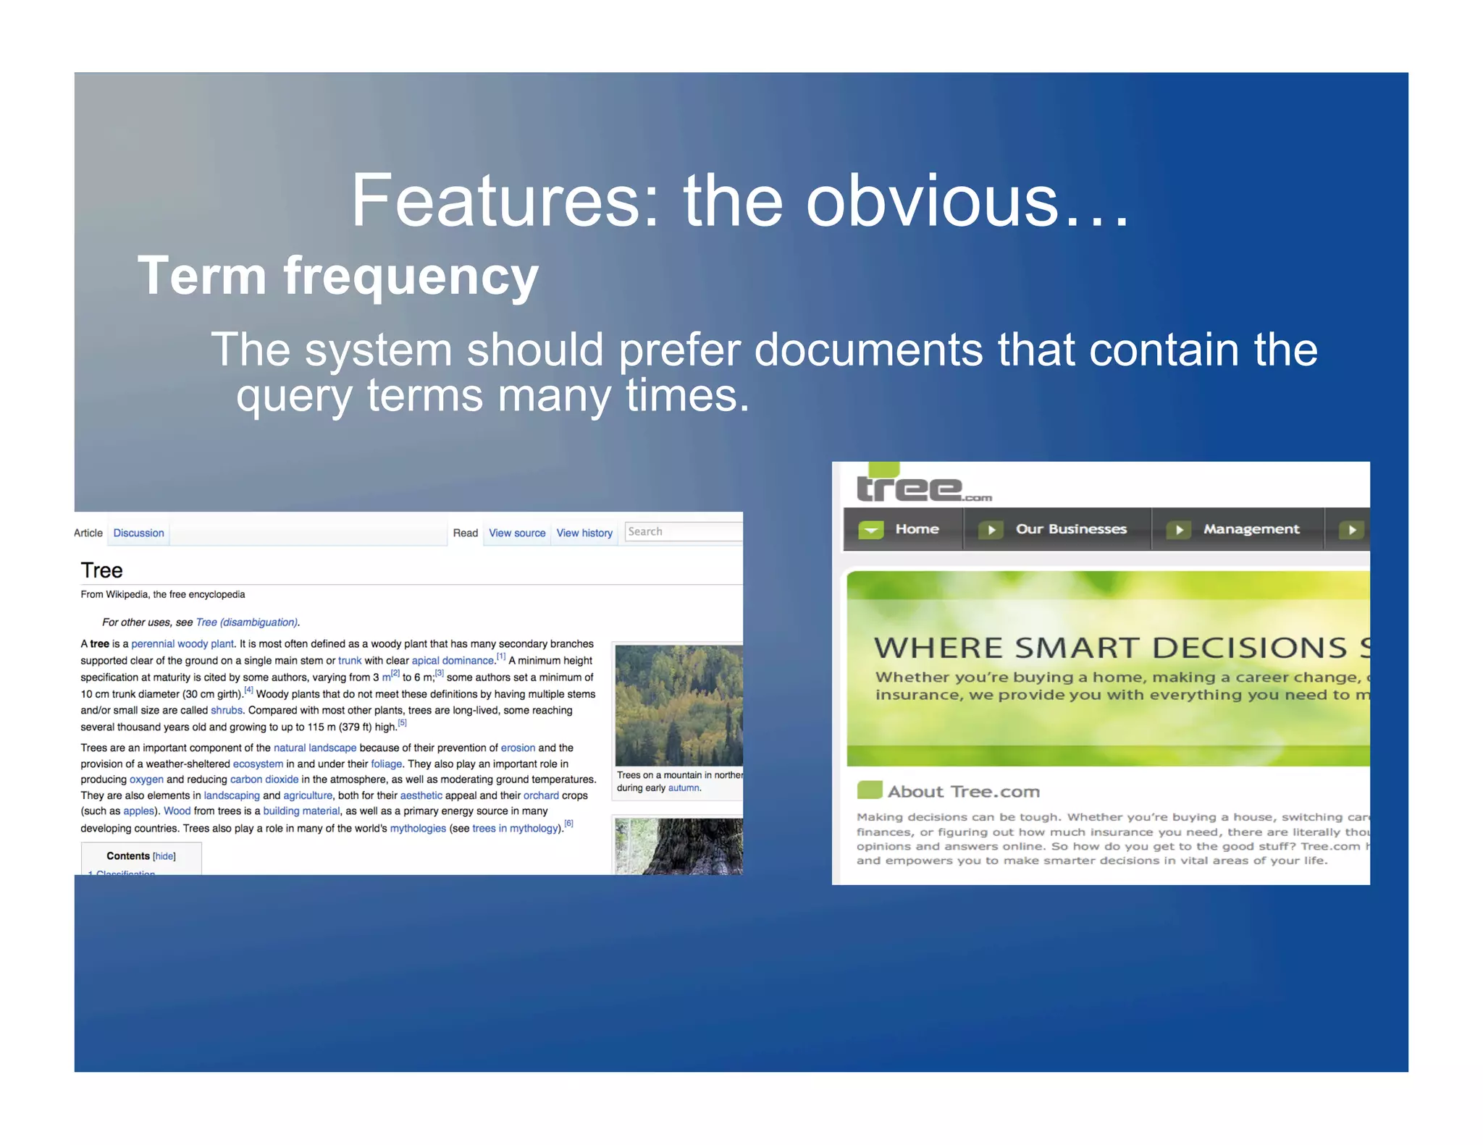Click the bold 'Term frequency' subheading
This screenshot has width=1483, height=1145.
click(x=337, y=276)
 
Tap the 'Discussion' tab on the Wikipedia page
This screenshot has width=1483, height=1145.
click(x=138, y=533)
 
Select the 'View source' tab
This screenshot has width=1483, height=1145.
click(x=516, y=533)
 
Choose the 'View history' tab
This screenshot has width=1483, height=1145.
click(x=584, y=533)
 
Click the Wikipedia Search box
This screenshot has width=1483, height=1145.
click(x=683, y=532)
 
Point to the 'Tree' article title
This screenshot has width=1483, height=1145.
click(x=101, y=570)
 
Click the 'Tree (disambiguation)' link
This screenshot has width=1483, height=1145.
click(x=246, y=622)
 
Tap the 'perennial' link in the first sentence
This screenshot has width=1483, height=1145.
click(x=153, y=644)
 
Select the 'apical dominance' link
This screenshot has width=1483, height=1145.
click(x=453, y=661)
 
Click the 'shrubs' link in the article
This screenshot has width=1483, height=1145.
click(x=226, y=711)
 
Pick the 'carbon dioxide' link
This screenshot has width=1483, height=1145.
click(x=264, y=779)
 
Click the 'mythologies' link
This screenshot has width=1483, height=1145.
click(x=418, y=829)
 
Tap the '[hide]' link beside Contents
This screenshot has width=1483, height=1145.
click(x=164, y=856)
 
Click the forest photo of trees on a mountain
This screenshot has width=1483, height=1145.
click(x=679, y=705)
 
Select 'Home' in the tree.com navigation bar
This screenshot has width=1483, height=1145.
click(x=916, y=529)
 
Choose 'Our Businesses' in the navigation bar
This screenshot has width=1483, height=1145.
click(x=1070, y=529)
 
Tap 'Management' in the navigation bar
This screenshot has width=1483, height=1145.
click(x=1251, y=529)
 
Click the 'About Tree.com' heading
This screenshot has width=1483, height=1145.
click(x=963, y=792)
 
